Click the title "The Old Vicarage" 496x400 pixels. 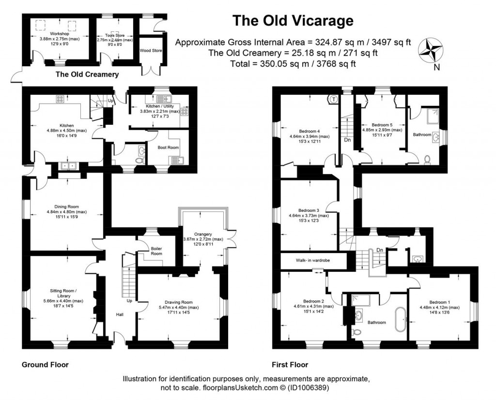293,21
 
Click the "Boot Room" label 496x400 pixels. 168,148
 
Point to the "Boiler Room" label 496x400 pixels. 156,251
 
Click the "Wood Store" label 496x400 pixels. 151,50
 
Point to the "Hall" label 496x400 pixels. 119,314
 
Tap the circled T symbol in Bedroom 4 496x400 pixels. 334,99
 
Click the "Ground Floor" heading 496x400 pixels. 45,365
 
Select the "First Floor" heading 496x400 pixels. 291,365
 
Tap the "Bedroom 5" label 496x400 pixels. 382,124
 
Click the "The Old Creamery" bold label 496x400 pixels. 87,74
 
